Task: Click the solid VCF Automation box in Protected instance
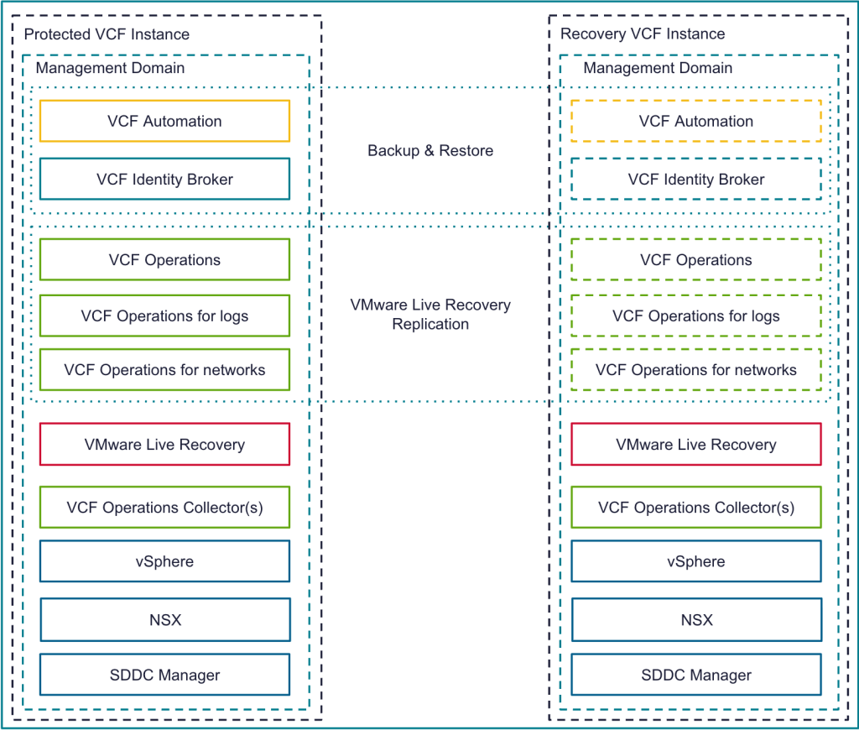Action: point(164,121)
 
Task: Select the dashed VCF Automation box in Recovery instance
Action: point(696,121)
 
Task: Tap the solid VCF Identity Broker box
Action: point(164,179)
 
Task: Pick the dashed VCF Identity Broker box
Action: point(696,179)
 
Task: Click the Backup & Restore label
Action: point(430,151)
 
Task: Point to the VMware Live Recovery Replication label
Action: point(430,315)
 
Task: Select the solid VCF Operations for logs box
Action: point(164,315)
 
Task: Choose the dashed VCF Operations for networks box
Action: point(696,369)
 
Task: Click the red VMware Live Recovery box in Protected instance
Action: point(164,445)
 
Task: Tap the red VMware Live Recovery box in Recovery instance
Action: point(696,445)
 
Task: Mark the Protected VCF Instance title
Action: point(107,34)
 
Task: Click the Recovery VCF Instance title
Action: point(643,34)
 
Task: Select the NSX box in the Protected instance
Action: point(164,620)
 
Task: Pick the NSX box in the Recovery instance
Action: point(696,620)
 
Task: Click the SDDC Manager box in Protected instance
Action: point(164,675)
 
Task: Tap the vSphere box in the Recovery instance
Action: point(696,561)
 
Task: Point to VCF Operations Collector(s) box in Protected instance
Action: point(164,508)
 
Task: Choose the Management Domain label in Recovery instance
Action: point(658,68)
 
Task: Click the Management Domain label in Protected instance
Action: point(110,68)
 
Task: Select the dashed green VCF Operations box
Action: point(696,260)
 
